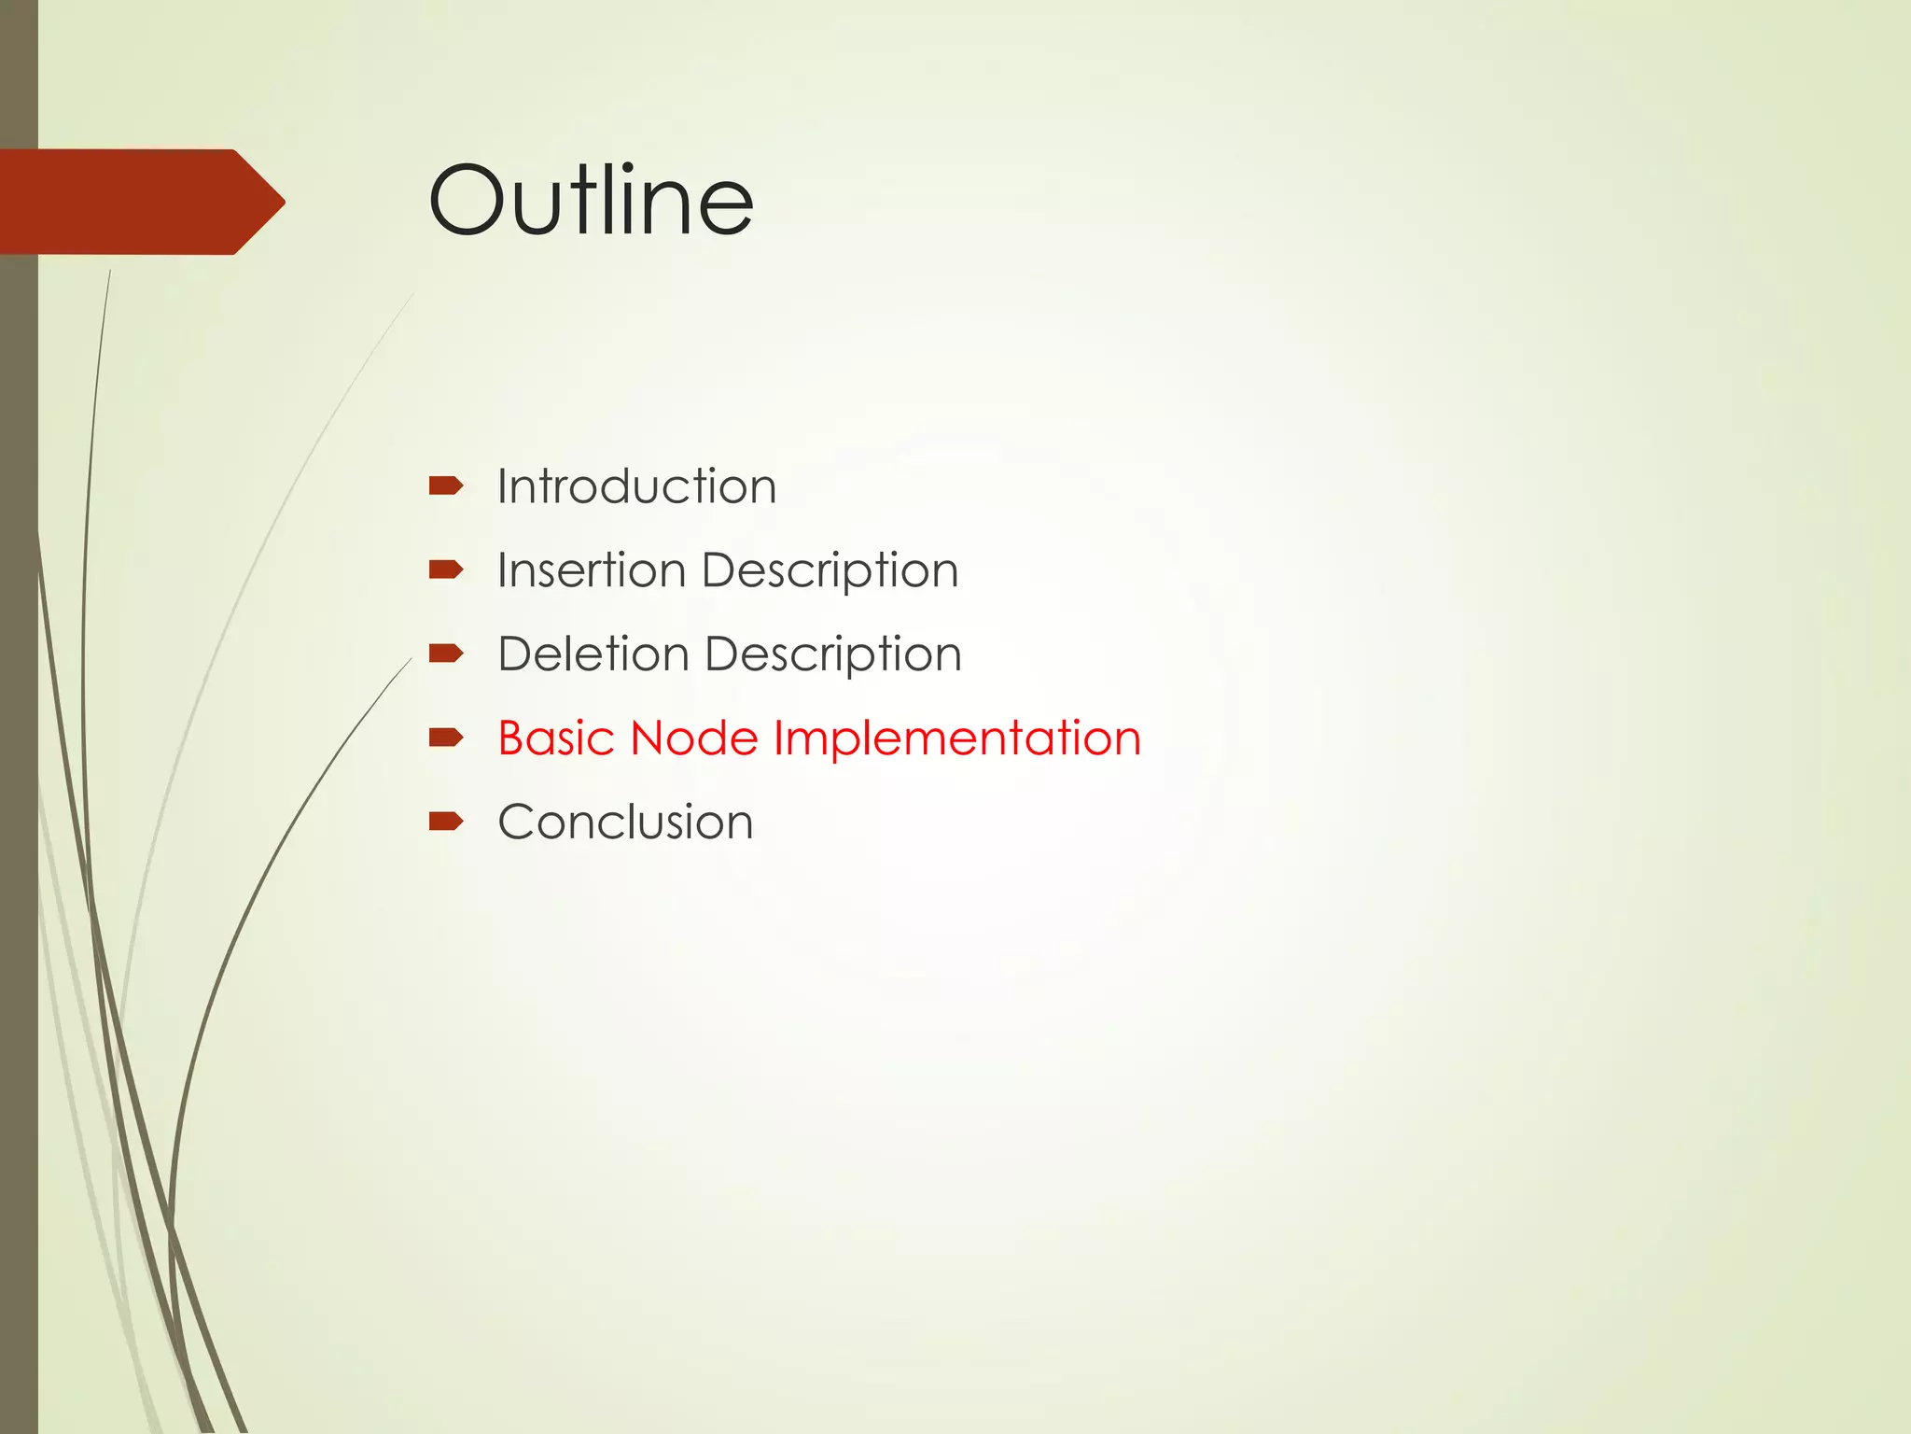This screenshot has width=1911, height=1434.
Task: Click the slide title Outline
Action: coord(590,200)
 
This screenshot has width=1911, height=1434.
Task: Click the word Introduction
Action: coord(636,486)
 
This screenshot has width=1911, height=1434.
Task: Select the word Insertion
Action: coord(591,569)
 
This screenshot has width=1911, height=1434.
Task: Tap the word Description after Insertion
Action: coord(830,571)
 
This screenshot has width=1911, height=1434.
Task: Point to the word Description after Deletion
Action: coord(832,655)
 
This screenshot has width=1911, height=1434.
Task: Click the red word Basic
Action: coord(555,738)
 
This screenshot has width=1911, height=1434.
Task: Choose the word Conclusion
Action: coord(625,822)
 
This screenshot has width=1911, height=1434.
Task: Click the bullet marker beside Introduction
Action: coord(445,485)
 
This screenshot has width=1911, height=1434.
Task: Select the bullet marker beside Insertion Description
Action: coord(445,569)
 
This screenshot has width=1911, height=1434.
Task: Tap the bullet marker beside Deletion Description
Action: coord(445,653)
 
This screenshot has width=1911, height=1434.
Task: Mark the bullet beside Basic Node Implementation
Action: coord(445,738)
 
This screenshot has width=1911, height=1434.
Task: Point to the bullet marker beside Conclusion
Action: coord(445,822)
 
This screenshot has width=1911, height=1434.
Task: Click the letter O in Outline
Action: coord(467,200)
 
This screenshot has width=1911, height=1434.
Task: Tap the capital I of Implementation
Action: coord(778,738)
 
